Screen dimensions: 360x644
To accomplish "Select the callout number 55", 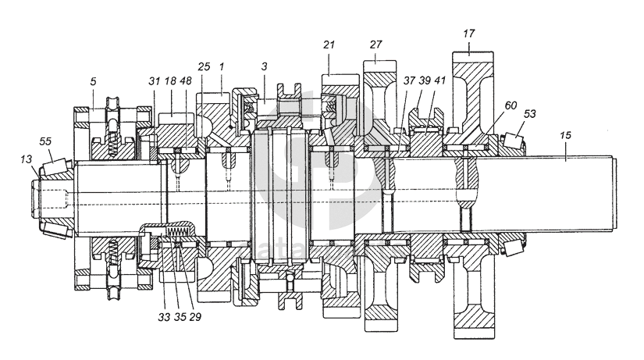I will click(x=45, y=141).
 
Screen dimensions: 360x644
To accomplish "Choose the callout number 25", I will click(x=205, y=68).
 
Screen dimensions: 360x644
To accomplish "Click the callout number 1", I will click(x=222, y=68).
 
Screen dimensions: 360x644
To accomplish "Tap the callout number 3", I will click(x=265, y=68).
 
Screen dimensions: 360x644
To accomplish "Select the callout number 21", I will click(x=329, y=45).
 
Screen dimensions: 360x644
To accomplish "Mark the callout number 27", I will click(x=375, y=45).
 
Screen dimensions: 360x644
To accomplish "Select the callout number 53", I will click(x=530, y=114).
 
